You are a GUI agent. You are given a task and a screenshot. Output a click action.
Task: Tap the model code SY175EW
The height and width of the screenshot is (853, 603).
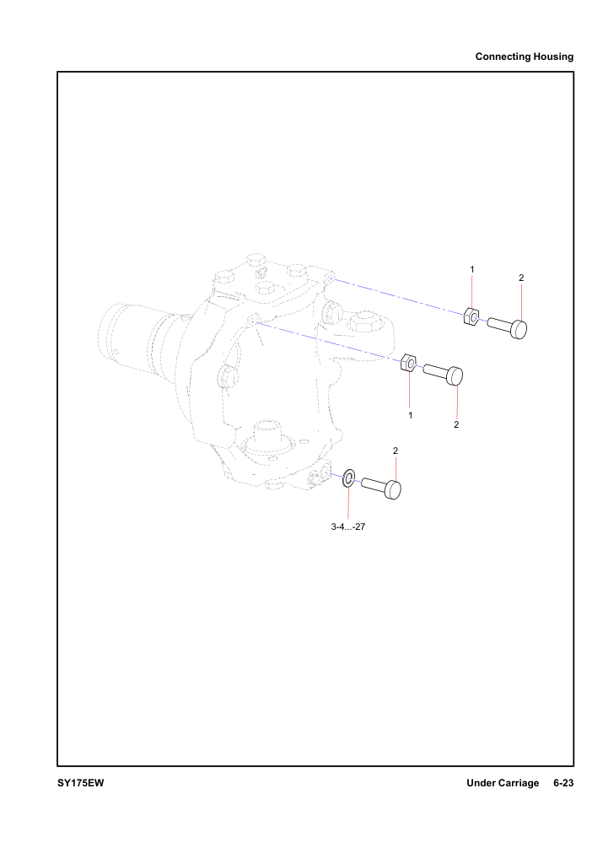click(x=80, y=783)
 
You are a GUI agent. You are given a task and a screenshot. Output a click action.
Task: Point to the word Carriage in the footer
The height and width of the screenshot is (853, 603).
click(x=520, y=783)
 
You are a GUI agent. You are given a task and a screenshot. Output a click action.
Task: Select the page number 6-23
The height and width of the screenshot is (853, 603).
click(x=563, y=783)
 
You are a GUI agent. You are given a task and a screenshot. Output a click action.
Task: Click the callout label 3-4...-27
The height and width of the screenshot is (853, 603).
click(x=348, y=526)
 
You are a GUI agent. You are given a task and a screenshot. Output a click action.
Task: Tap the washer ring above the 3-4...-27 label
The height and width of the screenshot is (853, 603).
click(x=348, y=477)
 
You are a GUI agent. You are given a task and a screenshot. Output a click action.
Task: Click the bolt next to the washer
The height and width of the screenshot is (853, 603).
click(x=381, y=487)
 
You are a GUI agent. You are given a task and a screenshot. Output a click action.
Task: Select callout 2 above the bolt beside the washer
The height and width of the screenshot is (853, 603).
click(x=396, y=451)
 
